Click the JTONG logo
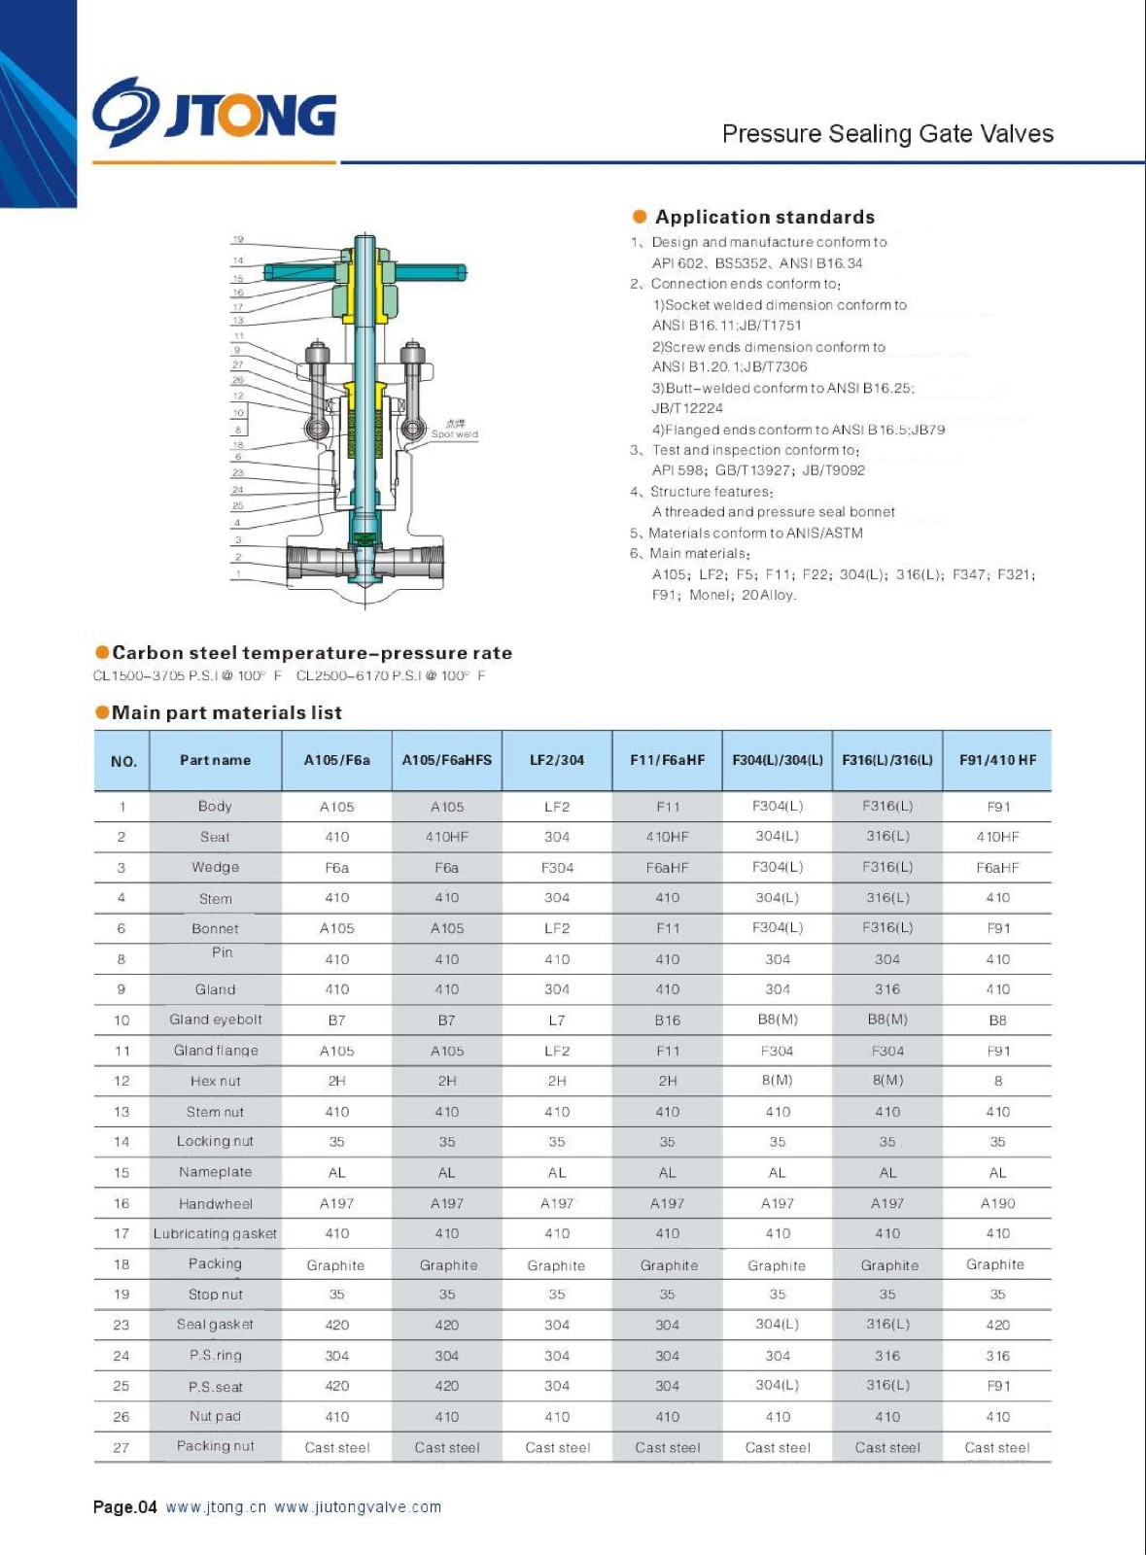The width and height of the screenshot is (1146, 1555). (215, 114)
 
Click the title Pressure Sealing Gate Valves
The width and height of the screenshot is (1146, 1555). (886, 134)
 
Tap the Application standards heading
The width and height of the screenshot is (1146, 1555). (764, 217)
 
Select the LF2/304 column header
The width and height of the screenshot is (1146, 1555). (557, 760)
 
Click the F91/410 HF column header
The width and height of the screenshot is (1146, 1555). (997, 760)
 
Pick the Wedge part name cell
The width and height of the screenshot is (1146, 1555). (215, 867)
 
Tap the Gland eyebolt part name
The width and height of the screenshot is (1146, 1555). (215, 1019)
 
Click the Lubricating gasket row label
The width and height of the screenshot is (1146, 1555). (215, 1233)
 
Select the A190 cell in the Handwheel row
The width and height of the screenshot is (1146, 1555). (997, 1203)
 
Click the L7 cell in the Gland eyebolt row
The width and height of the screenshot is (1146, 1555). (557, 1020)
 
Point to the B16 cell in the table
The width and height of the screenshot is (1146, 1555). (668, 1020)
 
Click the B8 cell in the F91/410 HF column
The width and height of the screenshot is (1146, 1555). (997, 1020)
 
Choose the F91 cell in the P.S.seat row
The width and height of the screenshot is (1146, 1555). (997, 1386)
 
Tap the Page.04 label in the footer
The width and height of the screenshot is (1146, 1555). (124, 1507)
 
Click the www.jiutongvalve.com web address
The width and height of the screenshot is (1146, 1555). (358, 1507)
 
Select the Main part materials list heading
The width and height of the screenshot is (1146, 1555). (226, 712)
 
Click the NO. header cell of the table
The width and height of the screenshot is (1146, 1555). (123, 761)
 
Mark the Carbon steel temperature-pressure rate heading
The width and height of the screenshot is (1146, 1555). (311, 653)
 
